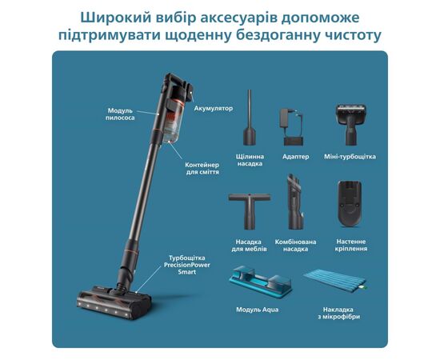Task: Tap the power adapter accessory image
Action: pyautogui.click(x=292, y=127)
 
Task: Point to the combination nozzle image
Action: pyautogui.click(x=295, y=202)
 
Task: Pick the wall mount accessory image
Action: pyautogui.click(x=350, y=203)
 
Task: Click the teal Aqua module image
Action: pyautogui.click(x=261, y=281)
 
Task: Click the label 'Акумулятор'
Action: pyautogui.click(x=214, y=108)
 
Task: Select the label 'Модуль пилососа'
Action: pyautogui.click(x=120, y=114)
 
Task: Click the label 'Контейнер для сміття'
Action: pyautogui.click(x=202, y=168)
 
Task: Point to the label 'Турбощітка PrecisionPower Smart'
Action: pyautogui.click(x=187, y=265)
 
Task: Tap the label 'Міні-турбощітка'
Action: pyautogui.click(x=350, y=157)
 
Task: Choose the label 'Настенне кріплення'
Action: pyautogui.click(x=351, y=245)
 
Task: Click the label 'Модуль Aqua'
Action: pyautogui.click(x=258, y=310)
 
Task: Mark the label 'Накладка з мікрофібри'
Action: pyautogui.click(x=338, y=313)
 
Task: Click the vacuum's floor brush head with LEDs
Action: pyautogui.click(x=114, y=305)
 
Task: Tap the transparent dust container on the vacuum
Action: pyautogui.click(x=173, y=122)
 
